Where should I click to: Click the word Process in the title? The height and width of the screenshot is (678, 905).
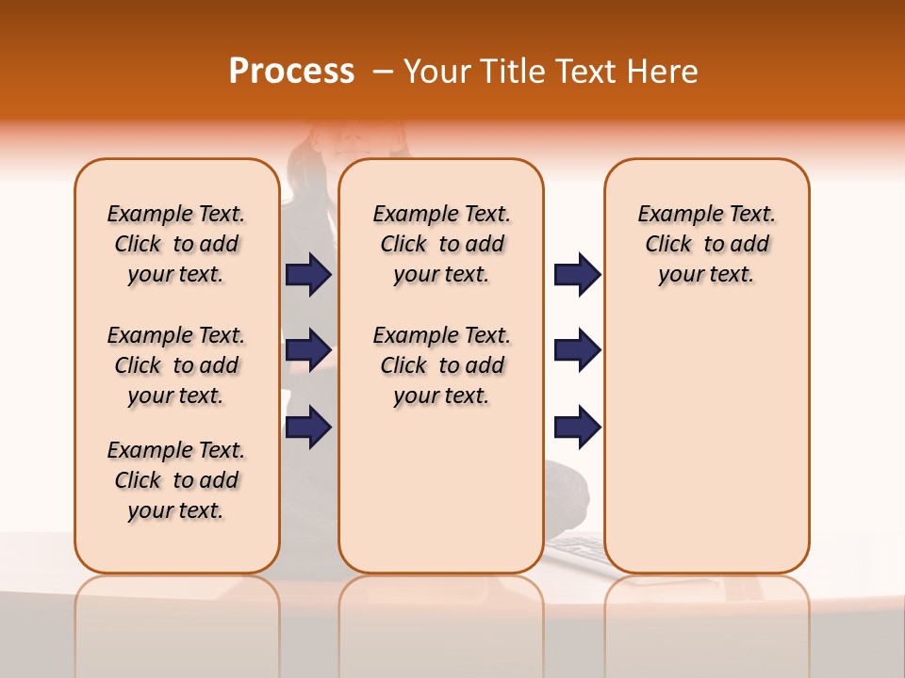(291, 72)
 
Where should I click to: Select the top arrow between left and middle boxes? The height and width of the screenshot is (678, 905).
(308, 274)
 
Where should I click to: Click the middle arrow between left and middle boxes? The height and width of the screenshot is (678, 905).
(308, 350)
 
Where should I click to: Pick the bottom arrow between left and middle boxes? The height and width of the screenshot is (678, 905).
(308, 427)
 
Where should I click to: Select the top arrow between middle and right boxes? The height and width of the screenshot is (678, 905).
(577, 274)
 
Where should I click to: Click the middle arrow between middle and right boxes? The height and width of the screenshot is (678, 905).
(577, 350)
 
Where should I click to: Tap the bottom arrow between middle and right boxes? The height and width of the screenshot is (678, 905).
(577, 427)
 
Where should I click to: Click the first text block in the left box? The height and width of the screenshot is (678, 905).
(176, 244)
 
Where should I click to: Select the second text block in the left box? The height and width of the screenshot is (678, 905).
(176, 365)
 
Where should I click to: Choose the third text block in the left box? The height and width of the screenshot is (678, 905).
(176, 480)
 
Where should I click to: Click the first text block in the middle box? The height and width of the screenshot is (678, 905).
(442, 244)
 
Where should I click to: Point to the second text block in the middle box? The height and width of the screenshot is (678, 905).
(442, 365)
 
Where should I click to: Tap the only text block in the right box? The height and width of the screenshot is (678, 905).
(707, 244)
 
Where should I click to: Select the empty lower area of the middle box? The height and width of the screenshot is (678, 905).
(441, 490)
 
